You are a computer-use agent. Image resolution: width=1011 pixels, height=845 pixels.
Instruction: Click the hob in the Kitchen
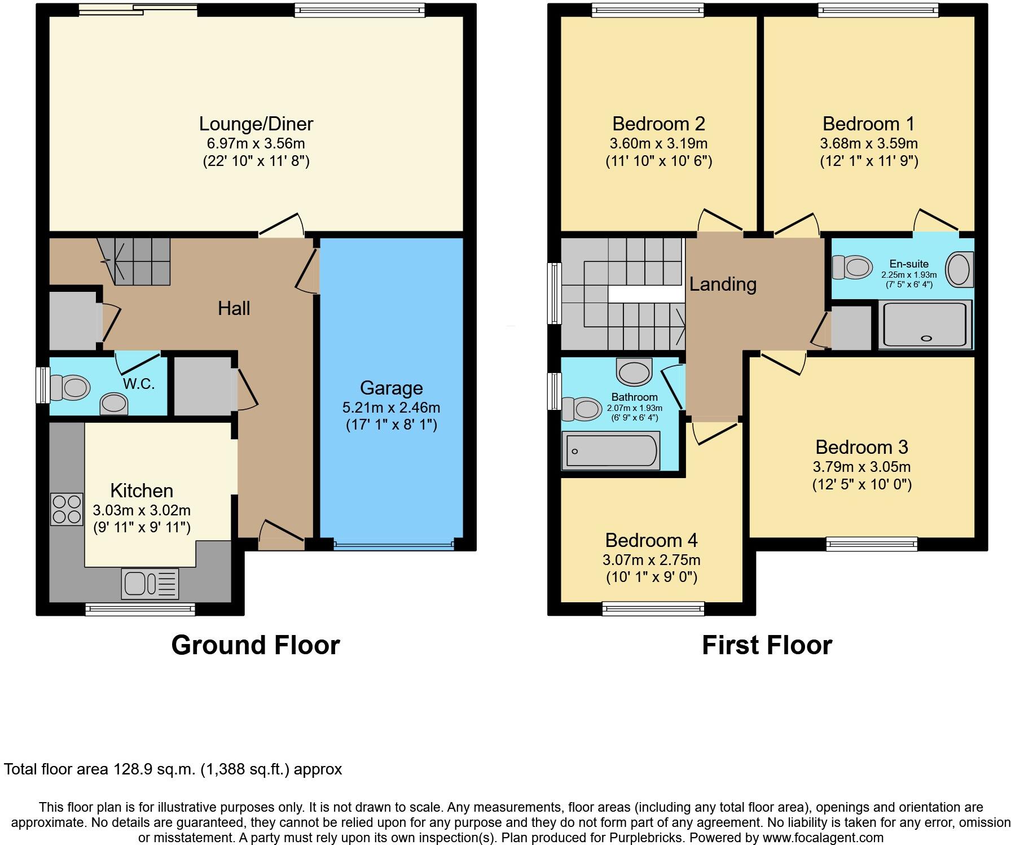(x=67, y=509)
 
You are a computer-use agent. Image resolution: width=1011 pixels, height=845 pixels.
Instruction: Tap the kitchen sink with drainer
(x=150, y=583)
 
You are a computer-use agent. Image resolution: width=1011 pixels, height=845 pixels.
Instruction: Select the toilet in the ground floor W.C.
(x=70, y=388)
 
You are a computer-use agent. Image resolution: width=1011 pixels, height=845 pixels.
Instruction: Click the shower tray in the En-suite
(x=925, y=325)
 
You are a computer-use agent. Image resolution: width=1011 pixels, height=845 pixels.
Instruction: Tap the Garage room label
(x=391, y=388)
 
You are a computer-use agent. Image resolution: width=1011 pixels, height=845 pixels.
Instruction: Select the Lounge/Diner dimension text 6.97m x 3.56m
(x=256, y=143)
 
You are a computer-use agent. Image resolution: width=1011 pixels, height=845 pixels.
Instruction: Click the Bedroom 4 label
(x=651, y=540)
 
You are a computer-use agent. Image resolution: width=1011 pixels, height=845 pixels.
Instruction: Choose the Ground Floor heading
(x=255, y=645)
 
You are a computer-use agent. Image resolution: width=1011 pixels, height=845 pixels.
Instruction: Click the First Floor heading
(x=766, y=645)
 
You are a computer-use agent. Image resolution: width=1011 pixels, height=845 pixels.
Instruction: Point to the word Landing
(x=722, y=284)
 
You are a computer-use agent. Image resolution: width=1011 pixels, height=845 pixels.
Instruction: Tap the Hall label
(x=234, y=308)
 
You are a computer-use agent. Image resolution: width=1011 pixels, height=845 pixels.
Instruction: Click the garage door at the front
(x=393, y=545)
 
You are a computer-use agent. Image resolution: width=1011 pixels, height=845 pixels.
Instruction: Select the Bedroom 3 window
(x=872, y=544)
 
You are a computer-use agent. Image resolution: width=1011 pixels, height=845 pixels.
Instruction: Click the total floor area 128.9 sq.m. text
(x=173, y=769)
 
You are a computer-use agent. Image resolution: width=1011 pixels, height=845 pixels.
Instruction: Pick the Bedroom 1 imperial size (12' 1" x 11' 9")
(x=869, y=161)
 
